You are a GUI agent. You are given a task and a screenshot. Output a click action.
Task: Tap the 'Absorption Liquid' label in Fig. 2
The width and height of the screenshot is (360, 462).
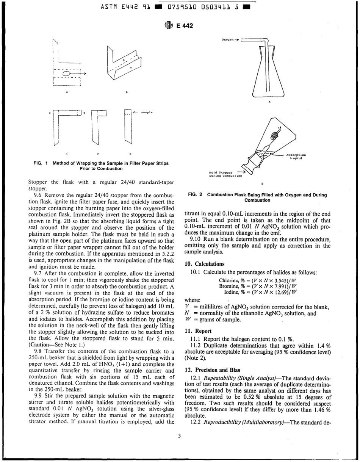point(296,157)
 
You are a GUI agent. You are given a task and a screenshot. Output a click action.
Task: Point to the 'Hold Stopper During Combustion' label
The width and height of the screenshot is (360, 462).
point(222,174)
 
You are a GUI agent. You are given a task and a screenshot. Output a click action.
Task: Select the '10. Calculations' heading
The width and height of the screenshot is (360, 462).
point(204,264)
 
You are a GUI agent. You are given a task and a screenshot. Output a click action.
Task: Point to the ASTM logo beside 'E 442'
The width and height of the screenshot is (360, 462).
point(169,26)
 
